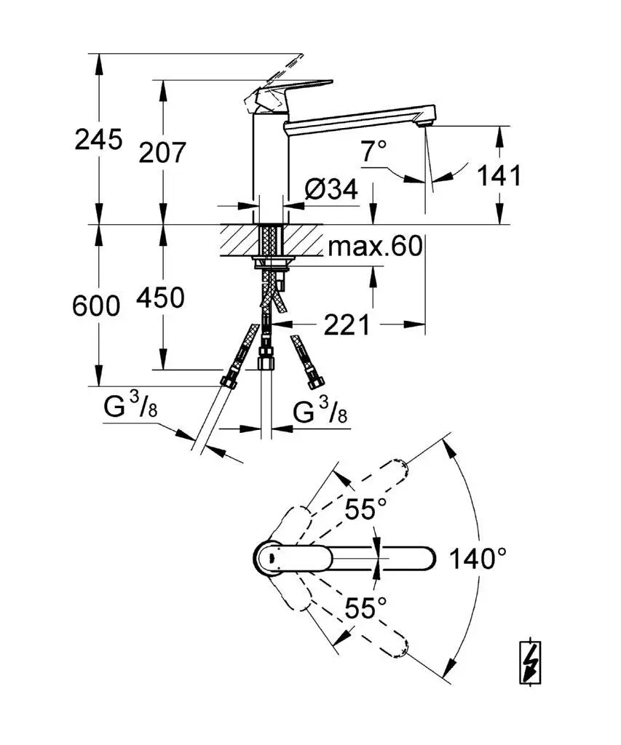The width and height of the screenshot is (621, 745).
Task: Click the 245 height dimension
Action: [x=98, y=138]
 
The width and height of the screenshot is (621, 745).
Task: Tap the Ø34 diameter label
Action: [x=331, y=190]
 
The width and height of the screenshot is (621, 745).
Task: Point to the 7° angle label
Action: [x=374, y=152]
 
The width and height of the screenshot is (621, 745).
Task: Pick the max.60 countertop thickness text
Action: [x=374, y=247]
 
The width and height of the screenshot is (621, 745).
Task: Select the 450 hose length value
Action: [x=160, y=298]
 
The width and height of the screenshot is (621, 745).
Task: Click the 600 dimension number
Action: [x=96, y=306]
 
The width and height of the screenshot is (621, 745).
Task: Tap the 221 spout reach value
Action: [x=347, y=324]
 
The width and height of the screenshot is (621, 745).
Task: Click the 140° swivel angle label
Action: [x=478, y=559]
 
